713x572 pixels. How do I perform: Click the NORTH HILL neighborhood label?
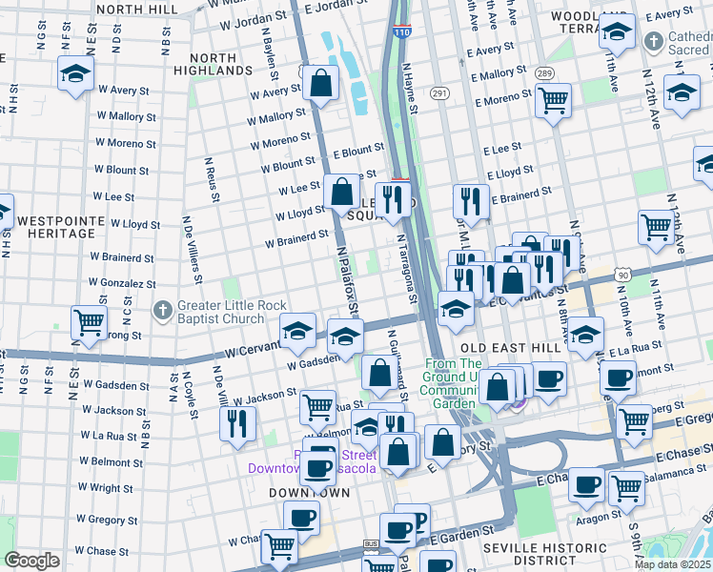[136, 9]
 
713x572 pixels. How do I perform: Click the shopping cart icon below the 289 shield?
[553, 99]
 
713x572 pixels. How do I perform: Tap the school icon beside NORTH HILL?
[74, 72]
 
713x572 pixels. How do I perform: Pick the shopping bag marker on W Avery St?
[321, 83]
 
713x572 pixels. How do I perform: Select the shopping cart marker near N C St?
[89, 322]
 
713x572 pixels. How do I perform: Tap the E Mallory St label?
[497, 73]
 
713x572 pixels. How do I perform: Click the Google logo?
[31, 561]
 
